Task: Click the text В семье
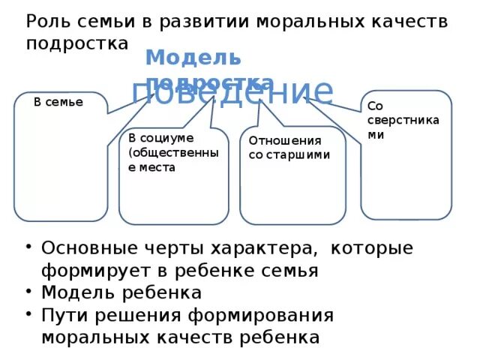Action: click(x=58, y=102)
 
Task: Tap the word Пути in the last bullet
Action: click(x=64, y=315)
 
